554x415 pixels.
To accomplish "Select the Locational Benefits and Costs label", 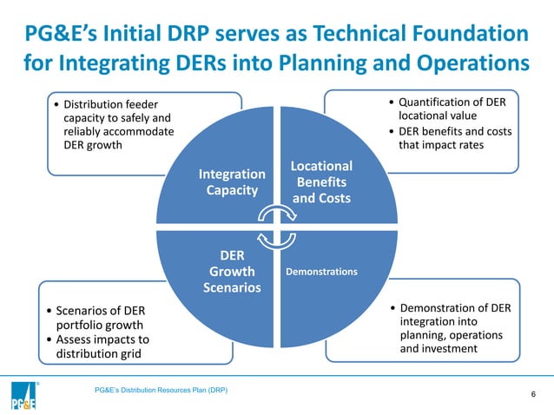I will click(321, 181).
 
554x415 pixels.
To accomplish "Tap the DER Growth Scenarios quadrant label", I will click(232, 272).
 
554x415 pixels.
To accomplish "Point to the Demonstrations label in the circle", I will click(321, 272).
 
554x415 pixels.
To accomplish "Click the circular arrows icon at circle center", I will click(277, 227).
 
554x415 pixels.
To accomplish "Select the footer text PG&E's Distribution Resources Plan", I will click(161, 390).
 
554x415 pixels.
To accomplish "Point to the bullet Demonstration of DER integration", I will click(452, 328).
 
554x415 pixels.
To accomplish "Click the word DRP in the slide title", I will click(201, 35).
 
